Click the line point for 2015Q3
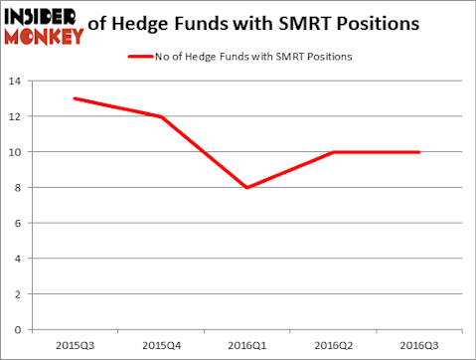75,98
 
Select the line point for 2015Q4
161,116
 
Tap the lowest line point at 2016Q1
246,187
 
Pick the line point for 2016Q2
333,152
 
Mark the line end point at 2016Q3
419,152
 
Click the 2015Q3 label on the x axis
75,346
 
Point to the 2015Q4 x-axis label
161,346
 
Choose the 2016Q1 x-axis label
246,346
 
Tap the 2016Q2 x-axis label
333,346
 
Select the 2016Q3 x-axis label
419,346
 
